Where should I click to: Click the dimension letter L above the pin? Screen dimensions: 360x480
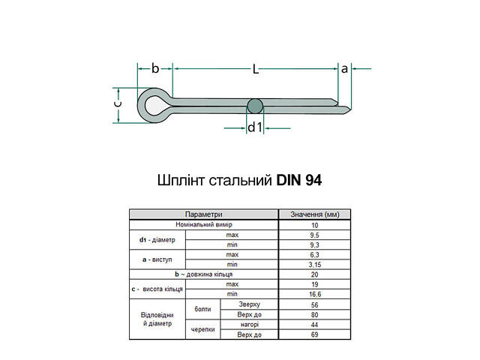point(255,69)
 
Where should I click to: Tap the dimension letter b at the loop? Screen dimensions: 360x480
point(155,68)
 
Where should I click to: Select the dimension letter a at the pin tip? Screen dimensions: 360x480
point(344,68)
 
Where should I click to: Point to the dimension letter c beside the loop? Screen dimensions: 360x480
point(118,106)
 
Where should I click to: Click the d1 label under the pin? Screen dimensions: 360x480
point(255,127)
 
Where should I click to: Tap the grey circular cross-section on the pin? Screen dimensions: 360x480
point(255,106)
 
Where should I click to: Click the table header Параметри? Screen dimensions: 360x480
point(203,214)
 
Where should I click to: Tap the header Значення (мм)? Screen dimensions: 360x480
point(314,214)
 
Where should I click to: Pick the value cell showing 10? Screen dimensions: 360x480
point(314,225)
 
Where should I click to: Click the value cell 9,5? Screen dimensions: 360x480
point(314,235)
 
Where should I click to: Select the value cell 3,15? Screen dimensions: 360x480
point(314,264)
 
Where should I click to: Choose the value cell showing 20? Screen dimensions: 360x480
point(314,274)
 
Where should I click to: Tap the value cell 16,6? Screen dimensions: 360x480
point(314,294)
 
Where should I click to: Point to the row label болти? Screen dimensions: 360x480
point(202,309)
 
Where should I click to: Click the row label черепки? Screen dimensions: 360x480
point(202,328)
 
